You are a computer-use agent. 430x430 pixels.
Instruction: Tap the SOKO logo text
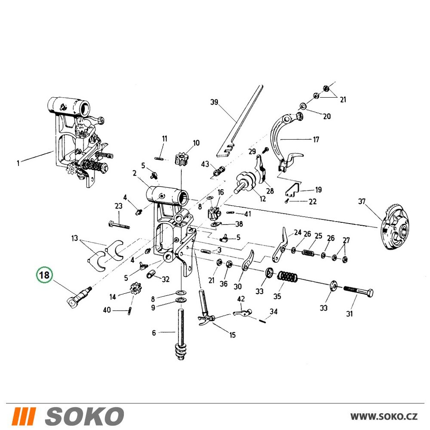point(84,416)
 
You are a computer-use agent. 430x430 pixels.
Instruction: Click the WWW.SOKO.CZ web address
point(384,416)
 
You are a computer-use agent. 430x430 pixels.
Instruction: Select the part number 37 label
point(362,202)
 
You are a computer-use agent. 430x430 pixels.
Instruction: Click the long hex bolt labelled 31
point(358,292)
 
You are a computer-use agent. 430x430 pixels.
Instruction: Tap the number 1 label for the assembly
point(18,163)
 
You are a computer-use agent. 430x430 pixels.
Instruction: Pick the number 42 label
point(241,299)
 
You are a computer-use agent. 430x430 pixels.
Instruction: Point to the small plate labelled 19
point(292,190)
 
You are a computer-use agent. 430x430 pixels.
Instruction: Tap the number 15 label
point(233,335)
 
